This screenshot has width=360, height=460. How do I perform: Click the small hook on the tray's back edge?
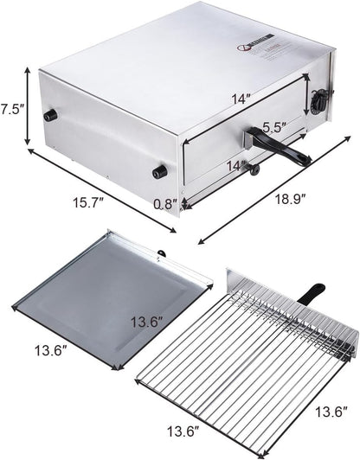(x=160, y=252)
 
